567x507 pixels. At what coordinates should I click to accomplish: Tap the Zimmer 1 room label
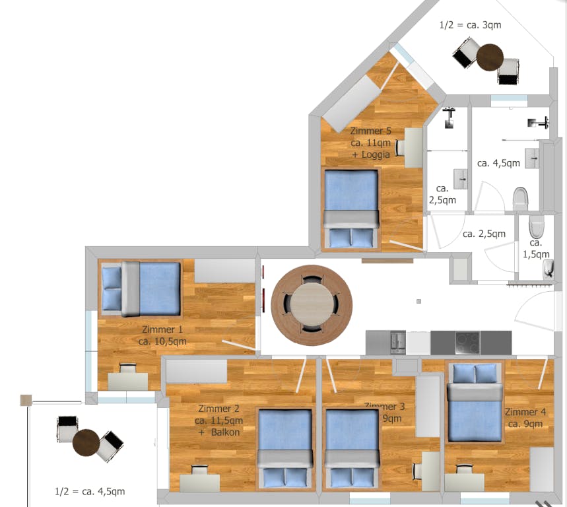162,335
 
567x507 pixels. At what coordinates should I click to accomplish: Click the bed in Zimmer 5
350,208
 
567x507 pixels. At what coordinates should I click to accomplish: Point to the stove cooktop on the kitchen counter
467,343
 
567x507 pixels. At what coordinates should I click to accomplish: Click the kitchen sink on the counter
398,341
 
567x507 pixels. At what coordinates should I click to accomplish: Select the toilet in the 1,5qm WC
537,226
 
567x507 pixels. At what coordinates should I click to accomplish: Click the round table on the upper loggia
490,57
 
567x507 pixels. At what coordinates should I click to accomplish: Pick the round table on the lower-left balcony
86,442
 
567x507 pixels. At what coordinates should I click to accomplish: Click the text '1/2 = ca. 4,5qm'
90,491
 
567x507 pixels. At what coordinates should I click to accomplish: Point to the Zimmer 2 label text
218,421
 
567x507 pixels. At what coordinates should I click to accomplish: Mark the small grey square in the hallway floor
419,302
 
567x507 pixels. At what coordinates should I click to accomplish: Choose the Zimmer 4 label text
525,417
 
